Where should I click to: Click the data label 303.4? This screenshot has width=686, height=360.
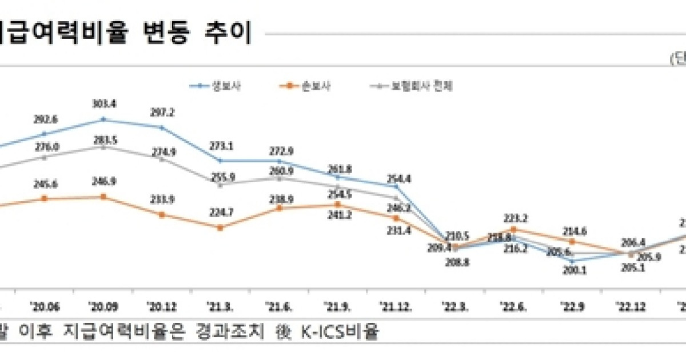(x=103, y=104)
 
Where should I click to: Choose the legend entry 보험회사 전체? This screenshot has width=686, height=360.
(x=421, y=86)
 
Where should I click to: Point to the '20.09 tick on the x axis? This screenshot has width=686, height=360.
(x=103, y=306)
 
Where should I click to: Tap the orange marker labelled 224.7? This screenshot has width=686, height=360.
(x=221, y=227)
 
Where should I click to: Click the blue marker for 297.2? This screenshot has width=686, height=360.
(x=162, y=127)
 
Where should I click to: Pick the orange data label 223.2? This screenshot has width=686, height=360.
(x=516, y=218)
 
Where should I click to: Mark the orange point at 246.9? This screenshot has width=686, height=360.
(x=103, y=197)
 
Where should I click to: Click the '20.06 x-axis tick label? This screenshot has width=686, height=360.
(x=45, y=306)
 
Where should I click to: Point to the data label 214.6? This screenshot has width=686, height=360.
(x=573, y=231)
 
